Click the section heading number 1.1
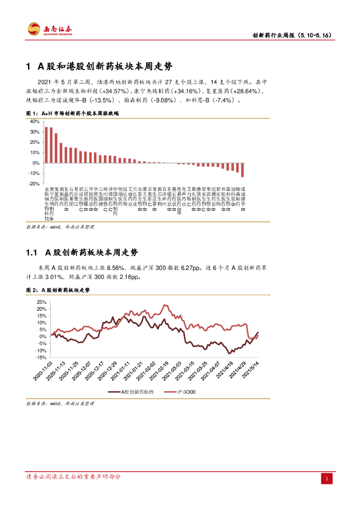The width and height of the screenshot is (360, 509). pyautogui.click(x=32, y=253)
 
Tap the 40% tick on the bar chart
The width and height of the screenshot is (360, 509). pyautogui.click(x=35, y=122)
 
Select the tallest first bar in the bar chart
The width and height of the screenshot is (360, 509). pyautogui.click(x=46, y=145)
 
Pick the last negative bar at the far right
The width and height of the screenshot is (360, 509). pyautogui.click(x=243, y=170)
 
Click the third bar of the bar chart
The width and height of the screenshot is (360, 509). pyautogui.click(x=56, y=148)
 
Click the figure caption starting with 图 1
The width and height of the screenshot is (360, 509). pyautogui.click(x=72, y=113)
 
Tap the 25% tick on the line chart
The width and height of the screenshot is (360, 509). pyautogui.click(x=42, y=302)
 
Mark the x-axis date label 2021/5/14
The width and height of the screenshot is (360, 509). pyautogui.click(x=250, y=371)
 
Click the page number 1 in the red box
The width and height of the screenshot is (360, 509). pyautogui.click(x=327, y=479)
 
